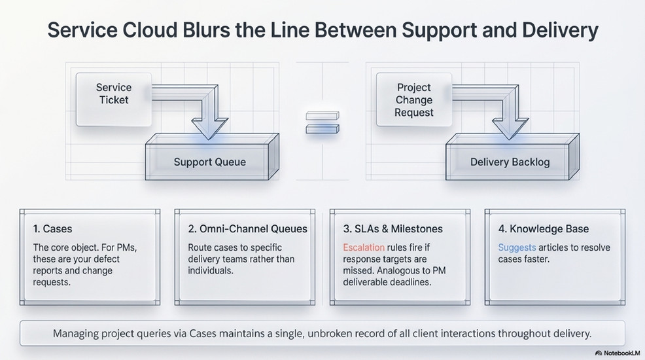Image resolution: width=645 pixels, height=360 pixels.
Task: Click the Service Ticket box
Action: pos(113,99)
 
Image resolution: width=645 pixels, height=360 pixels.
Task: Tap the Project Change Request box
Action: pos(414,99)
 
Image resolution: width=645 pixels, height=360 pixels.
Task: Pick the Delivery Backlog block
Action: pos(510,162)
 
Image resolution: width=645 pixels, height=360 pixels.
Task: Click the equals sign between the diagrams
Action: pos(322,122)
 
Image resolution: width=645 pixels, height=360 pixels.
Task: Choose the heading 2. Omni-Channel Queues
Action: pos(247,229)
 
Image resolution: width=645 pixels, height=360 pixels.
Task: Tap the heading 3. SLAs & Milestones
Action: pos(392,229)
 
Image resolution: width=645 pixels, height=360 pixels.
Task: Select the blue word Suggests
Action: pos(517,248)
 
